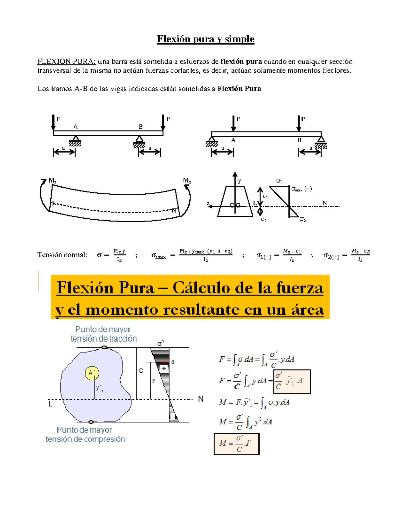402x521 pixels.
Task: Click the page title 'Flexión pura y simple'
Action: (x=205, y=39)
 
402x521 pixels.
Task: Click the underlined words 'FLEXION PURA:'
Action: (x=66, y=61)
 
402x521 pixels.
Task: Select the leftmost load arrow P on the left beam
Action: (x=53, y=122)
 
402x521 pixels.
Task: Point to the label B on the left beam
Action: (x=141, y=127)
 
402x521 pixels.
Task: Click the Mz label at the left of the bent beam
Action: (x=52, y=180)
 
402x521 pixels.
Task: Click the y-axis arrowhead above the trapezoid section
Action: (x=235, y=175)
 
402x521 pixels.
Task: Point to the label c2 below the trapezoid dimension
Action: (x=264, y=220)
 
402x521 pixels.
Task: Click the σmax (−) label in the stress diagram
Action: (x=301, y=189)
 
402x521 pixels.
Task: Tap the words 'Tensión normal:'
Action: (x=62, y=255)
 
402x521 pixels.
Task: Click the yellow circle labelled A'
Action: (x=92, y=373)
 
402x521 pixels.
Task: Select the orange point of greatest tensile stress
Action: (x=104, y=347)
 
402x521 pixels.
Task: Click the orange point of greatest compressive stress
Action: (x=91, y=422)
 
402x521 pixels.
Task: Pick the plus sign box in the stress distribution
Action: (x=164, y=369)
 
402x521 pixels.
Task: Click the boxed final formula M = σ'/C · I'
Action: (x=237, y=444)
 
